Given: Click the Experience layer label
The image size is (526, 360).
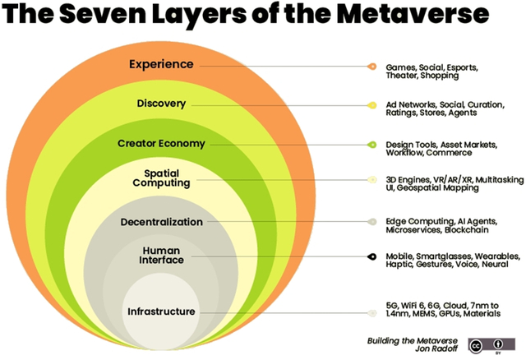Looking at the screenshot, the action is (161, 64).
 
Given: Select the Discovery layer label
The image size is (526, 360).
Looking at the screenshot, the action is (161, 104).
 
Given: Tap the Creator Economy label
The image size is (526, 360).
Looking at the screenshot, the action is (161, 144).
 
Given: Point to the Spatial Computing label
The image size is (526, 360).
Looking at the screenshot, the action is (161, 178).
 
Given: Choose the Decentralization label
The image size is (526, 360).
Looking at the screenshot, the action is (162, 222).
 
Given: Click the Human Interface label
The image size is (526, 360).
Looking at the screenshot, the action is (161, 256).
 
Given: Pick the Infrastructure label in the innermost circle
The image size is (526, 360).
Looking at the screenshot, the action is (161, 312).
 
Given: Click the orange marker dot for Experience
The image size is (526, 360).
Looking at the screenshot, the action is (372, 67).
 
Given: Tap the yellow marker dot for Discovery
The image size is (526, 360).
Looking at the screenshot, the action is (372, 105).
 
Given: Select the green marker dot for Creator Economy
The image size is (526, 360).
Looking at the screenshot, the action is (372, 145).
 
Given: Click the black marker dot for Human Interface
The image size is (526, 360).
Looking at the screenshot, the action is (372, 256).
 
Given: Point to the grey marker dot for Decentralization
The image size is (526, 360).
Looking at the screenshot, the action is (372, 221).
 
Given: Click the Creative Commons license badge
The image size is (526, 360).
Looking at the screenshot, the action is (491, 345).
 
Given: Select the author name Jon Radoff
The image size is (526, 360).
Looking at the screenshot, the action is (436, 349).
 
